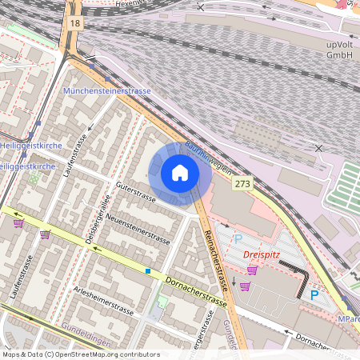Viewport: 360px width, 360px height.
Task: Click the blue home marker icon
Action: tap(180, 173)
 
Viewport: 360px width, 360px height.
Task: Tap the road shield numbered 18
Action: tap(75, 24)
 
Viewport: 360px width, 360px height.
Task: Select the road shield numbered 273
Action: tap(242, 184)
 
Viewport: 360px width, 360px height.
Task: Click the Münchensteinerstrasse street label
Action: tap(106, 91)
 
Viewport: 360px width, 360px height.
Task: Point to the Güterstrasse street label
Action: tap(134, 191)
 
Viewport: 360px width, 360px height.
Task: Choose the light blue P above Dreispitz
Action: tap(238, 238)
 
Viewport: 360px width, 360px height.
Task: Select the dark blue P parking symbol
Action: tap(314, 295)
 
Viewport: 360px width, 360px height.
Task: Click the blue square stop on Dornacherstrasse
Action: tap(148, 271)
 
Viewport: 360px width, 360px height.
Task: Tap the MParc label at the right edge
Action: tap(349, 319)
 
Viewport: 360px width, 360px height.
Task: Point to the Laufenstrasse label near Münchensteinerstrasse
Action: tap(77, 153)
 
